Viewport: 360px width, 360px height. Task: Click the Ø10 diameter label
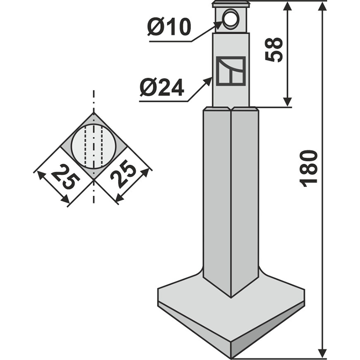(x=169, y=27)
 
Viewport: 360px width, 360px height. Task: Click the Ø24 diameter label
(x=162, y=87)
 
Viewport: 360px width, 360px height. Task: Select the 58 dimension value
(x=274, y=49)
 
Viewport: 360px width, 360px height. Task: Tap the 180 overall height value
(x=309, y=169)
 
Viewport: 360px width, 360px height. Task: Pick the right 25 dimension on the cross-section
(x=122, y=176)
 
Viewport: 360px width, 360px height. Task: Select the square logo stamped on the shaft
(x=230, y=72)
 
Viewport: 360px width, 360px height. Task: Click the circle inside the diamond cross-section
(x=94, y=147)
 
